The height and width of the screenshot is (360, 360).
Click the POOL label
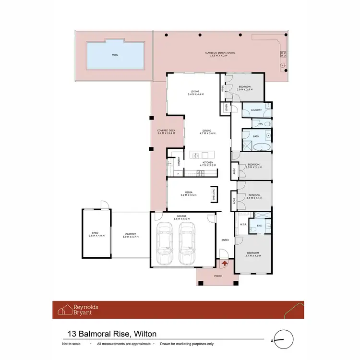pos(115,55)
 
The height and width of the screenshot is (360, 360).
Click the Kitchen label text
pos(207,163)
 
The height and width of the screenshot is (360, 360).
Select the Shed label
pos(95,233)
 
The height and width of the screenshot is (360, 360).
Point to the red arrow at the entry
pos(225,263)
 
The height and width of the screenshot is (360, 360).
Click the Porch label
pos(218,276)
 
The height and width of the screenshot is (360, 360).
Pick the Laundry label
pos(256,110)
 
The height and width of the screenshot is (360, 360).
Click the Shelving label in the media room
pos(214,194)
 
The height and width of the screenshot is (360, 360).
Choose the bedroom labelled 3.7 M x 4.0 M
pos(253,254)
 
